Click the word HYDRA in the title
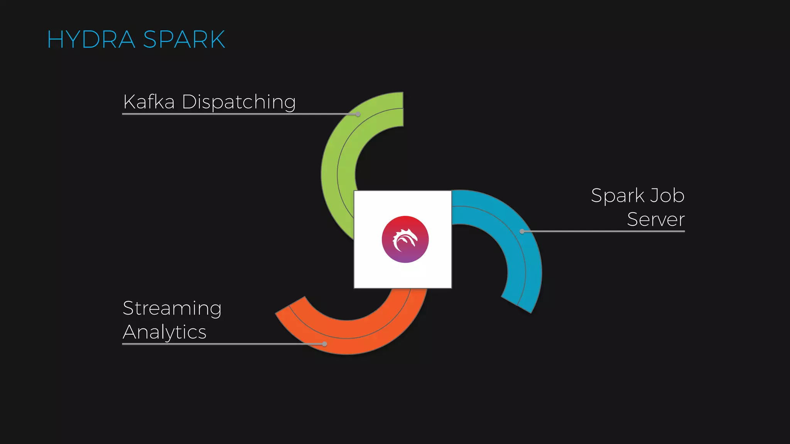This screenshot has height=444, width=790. pyautogui.click(x=91, y=39)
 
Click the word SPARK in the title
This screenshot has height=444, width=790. pyautogui.click(x=184, y=39)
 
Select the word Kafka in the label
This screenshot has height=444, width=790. pyautogui.click(x=149, y=102)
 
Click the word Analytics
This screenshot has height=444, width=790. pyautogui.click(x=165, y=332)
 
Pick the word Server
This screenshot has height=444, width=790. pyautogui.click(x=656, y=219)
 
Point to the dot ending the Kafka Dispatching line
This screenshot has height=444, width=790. pyautogui.click(x=358, y=114)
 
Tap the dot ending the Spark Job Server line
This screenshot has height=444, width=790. pyautogui.click(x=522, y=231)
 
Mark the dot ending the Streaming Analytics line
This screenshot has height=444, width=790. pyautogui.click(x=324, y=344)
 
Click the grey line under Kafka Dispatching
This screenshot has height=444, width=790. pyautogui.click(x=231, y=114)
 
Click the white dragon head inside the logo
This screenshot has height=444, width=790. pyautogui.click(x=405, y=239)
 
